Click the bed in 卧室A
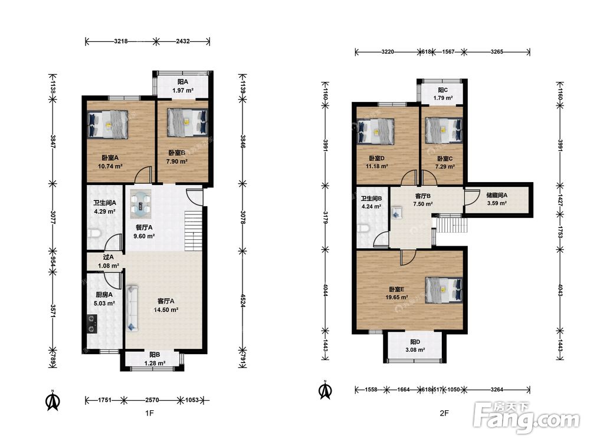click(x=107, y=124)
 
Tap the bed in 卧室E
click(x=444, y=289)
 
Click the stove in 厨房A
click(x=92, y=324)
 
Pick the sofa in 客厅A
click(x=132, y=308)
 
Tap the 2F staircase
click(x=451, y=225)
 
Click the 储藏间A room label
click(x=497, y=195)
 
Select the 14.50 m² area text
click(x=166, y=310)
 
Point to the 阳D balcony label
click(x=415, y=342)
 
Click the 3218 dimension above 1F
click(x=121, y=41)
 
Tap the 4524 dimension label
click(x=243, y=301)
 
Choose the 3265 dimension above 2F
click(x=497, y=51)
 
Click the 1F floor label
click(x=149, y=413)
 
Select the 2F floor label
click(x=444, y=413)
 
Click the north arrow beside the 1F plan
click(x=53, y=401)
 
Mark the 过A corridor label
click(x=109, y=257)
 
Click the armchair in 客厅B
click(x=396, y=213)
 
